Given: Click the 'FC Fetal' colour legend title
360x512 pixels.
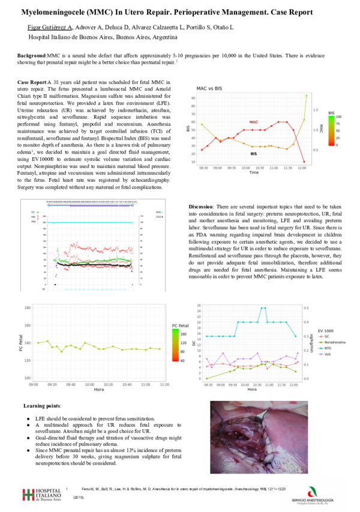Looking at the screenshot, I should pyautogui.click(x=181, y=325).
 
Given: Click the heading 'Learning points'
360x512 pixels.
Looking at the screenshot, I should pyautogui.click(x=41, y=406).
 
